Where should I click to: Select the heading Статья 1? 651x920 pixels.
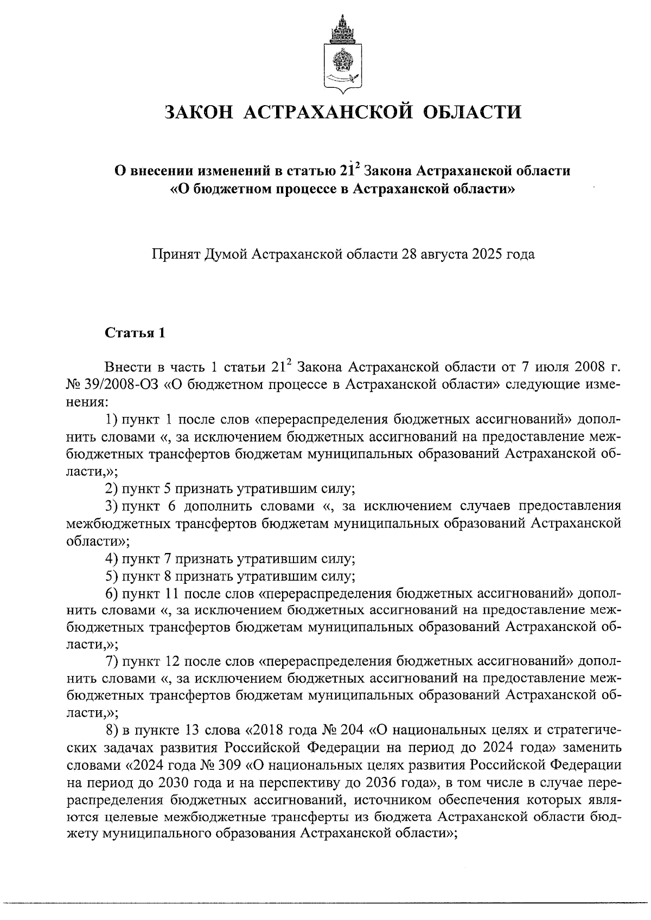coord(135,332)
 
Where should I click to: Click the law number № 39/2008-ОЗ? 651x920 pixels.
coord(112,385)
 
